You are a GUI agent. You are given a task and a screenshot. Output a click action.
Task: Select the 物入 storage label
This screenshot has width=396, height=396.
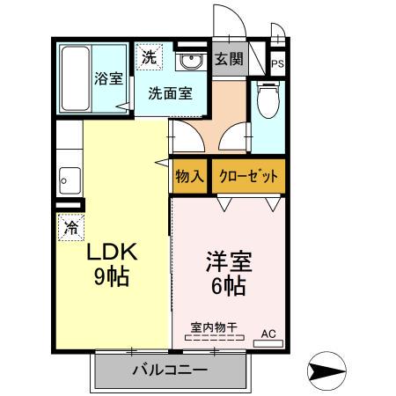pyautogui.click(x=189, y=175)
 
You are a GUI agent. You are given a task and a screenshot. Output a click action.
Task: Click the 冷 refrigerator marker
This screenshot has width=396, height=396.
pyautogui.click(x=70, y=227)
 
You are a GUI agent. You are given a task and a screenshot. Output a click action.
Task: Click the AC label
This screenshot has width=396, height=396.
pyautogui.click(x=268, y=334)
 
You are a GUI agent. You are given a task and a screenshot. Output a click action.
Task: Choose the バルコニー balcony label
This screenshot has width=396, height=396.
pyautogui.click(x=170, y=370)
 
